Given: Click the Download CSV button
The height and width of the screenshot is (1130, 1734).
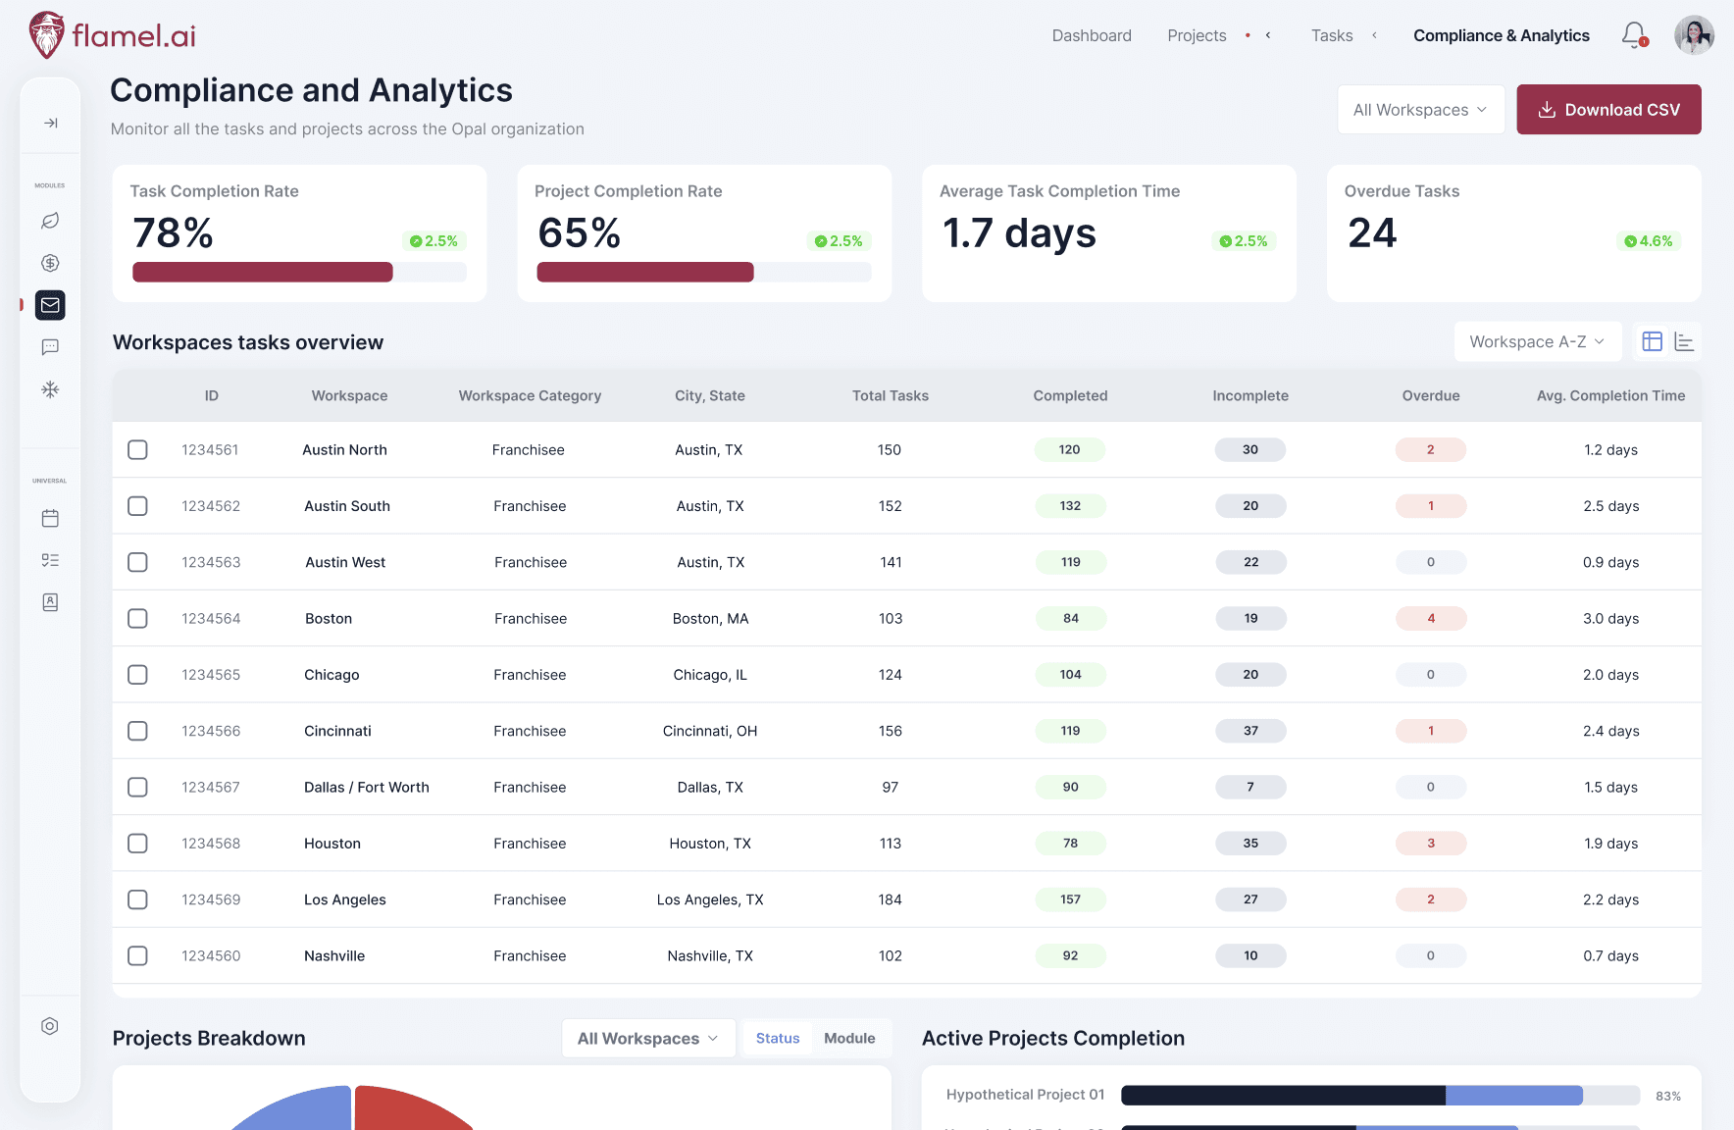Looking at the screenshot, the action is (1608, 110).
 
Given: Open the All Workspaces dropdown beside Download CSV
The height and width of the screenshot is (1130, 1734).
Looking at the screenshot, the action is (1420, 110).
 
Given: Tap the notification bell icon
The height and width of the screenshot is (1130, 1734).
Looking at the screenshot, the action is (1633, 35).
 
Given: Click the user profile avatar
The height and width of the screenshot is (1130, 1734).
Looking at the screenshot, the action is (1694, 35).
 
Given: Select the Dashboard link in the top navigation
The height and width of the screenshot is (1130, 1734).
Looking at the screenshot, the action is (1092, 35).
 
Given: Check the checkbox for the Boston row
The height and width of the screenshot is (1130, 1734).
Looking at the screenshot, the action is (138, 618).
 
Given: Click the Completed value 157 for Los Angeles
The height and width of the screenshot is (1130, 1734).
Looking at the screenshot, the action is (1070, 899).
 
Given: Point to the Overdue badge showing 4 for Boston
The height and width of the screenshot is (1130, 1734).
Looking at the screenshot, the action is (1431, 618).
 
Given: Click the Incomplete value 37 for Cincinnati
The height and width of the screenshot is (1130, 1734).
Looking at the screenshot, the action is (1250, 731).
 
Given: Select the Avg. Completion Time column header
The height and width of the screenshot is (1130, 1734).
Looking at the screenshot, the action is (1610, 395).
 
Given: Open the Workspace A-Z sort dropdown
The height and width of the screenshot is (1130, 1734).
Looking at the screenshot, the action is (1537, 341).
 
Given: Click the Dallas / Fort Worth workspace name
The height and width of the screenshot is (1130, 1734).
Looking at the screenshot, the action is (367, 787).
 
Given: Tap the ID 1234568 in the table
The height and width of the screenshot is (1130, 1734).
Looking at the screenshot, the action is (211, 844).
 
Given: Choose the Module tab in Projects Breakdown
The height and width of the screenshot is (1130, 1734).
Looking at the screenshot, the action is (849, 1038).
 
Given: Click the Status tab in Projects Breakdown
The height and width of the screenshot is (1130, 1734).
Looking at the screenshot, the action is (778, 1038).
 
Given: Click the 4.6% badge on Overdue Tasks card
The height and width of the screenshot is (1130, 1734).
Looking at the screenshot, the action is (1649, 241).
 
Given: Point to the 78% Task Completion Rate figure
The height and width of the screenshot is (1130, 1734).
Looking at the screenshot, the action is (174, 233).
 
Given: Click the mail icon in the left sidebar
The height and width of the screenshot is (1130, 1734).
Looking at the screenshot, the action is (50, 305).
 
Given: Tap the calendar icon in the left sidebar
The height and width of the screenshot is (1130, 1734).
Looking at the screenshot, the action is (50, 518).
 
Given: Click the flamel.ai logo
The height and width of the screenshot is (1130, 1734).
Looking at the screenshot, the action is (112, 35).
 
